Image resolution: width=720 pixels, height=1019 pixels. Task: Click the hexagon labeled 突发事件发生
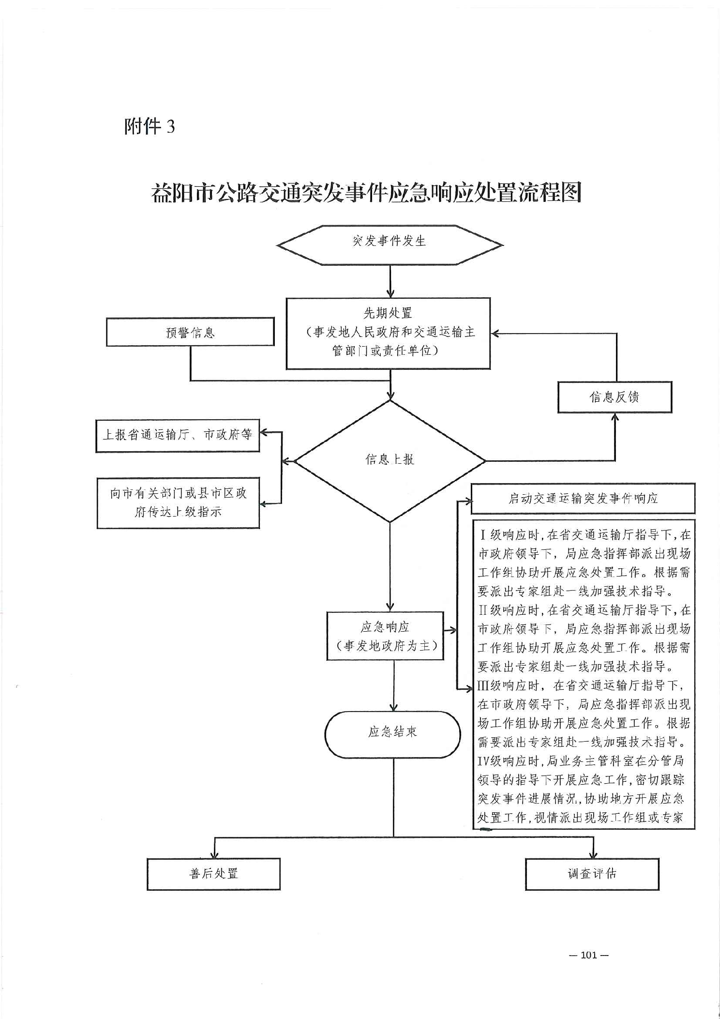390,244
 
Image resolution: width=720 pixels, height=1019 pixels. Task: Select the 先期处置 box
388,333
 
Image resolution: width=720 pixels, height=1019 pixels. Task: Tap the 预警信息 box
190,332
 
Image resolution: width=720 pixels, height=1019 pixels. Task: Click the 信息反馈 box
615,397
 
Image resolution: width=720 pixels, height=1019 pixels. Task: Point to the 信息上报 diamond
390,460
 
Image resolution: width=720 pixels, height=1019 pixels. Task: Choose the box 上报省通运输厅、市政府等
178,435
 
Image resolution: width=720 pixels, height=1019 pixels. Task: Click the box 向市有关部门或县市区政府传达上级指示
178,502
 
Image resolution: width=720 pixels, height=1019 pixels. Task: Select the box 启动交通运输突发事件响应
583,498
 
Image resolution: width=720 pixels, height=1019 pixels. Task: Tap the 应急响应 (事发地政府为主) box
385,636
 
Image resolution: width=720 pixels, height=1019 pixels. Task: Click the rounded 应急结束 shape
392,734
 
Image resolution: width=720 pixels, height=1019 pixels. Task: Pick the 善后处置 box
213,874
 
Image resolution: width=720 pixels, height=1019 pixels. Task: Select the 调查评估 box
592,874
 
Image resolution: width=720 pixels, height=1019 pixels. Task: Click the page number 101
588,955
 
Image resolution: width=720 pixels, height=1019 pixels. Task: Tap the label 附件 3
149,127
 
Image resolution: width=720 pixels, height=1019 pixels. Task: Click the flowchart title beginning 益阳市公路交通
366,193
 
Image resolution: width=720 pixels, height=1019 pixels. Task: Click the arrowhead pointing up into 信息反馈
615,417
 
